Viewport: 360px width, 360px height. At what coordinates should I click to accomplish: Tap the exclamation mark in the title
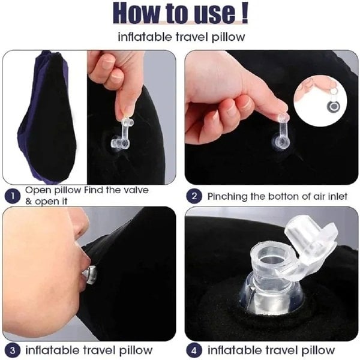click(x=245, y=13)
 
